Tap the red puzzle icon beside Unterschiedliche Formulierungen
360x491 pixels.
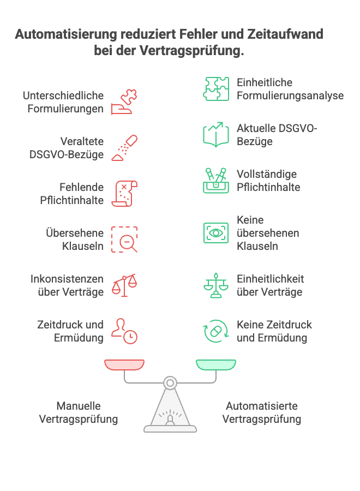(x=124, y=102)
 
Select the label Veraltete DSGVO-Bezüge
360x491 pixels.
(x=67, y=148)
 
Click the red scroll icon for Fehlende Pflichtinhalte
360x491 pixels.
(x=124, y=194)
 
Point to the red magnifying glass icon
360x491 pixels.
(x=125, y=239)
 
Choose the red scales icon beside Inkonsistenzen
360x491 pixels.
(x=124, y=285)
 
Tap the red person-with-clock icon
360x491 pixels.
(x=124, y=331)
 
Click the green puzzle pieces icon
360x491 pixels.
(x=216, y=89)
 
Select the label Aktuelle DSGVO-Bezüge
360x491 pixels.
(x=277, y=135)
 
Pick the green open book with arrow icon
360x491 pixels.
(x=216, y=135)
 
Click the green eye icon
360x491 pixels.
(x=216, y=233)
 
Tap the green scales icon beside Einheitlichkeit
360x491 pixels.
(x=216, y=285)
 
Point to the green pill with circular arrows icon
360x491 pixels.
(x=216, y=331)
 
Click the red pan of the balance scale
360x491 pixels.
(x=124, y=364)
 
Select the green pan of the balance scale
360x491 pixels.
(x=216, y=364)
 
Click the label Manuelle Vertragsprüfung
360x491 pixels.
(x=79, y=412)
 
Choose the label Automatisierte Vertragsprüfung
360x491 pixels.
(x=262, y=412)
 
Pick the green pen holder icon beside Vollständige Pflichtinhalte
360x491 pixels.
(x=216, y=181)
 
